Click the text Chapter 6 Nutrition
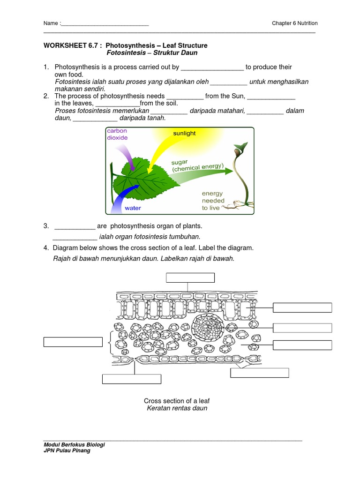click(294, 23)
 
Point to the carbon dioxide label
click(117, 134)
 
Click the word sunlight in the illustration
click(184, 134)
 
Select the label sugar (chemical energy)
click(197, 165)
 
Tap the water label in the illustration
click(133, 208)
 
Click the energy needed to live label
click(213, 201)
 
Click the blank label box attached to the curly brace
click(73, 342)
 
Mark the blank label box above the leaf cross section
click(190, 278)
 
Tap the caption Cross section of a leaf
click(177, 401)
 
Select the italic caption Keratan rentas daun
click(177, 408)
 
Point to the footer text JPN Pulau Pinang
click(67, 450)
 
